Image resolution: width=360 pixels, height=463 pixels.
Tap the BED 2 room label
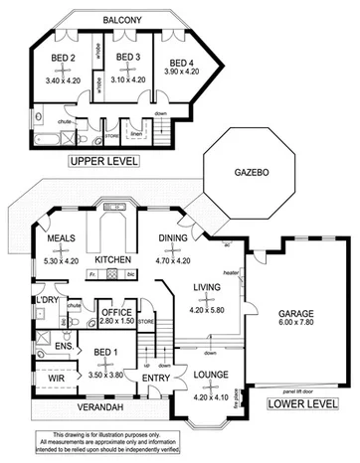point(65,58)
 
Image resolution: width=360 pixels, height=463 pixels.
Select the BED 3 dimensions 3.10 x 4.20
point(126,79)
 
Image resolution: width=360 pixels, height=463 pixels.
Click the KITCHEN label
point(113,260)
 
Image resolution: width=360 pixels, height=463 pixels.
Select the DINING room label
point(174,238)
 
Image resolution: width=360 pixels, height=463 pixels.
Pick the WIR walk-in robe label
point(48,379)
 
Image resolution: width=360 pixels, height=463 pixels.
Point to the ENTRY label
point(155,379)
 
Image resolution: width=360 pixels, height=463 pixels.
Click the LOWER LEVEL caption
point(299,405)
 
